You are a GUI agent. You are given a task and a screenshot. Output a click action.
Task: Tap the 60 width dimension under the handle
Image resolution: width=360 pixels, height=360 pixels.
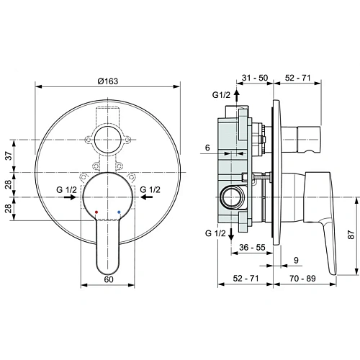(108, 278)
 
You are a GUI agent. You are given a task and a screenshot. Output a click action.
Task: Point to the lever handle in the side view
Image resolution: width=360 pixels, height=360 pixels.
(320, 216)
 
